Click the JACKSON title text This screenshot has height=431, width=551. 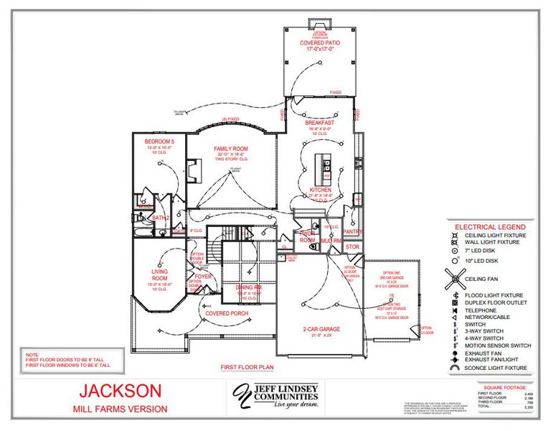point(120,391)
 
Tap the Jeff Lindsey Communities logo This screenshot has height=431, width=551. point(275,396)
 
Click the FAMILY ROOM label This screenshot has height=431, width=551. point(231,149)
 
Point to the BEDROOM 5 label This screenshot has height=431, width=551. point(159,142)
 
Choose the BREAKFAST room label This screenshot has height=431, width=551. point(320,123)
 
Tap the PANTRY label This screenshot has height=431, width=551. point(352,232)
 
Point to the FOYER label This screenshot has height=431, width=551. point(204,276)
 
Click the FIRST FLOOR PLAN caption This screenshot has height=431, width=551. point(248,367)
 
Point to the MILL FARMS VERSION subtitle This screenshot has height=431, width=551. point(120,409)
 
